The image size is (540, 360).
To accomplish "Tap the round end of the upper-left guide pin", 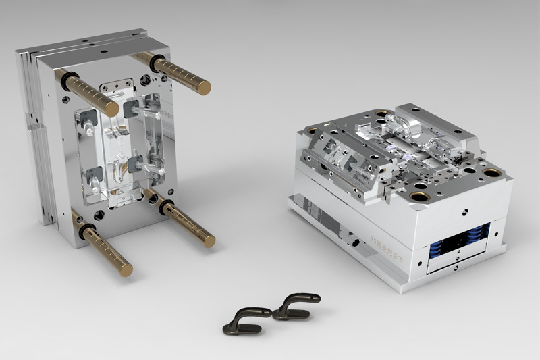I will pos(112,109).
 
